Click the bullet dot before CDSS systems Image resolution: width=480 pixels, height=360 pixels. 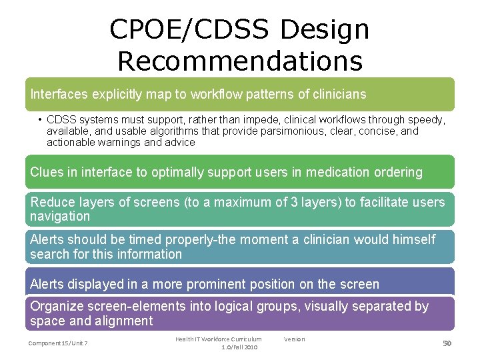(x=40, y=120)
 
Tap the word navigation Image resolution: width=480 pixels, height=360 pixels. (x=60, y=216)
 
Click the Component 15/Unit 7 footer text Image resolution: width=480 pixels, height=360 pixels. (x=58, y=343)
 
